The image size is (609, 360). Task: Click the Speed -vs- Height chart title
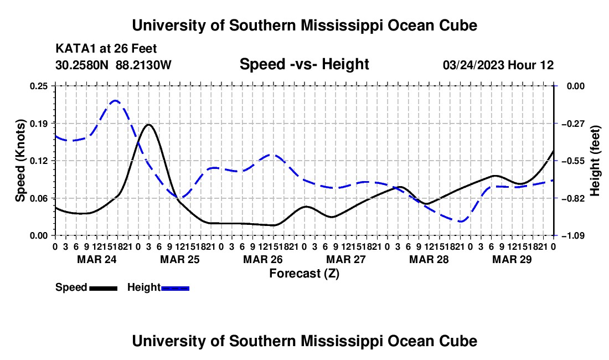304,64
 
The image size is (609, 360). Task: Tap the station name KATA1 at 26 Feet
106,49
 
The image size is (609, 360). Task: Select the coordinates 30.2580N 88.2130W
113,65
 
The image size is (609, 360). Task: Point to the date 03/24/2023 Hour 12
498,65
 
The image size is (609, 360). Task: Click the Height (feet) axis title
595,161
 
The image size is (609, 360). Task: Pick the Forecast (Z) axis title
304,274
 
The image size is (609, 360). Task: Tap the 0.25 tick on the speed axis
39,86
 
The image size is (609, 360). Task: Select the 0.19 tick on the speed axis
39,124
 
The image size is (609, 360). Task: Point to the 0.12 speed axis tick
39,161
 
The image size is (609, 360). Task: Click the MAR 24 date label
97,259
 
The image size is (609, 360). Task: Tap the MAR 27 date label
346,259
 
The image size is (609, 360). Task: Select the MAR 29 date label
512,259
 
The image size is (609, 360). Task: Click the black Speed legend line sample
104,288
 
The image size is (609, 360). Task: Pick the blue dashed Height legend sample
175,288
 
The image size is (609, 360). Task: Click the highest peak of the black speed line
148,125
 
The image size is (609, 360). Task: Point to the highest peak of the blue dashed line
115,101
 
